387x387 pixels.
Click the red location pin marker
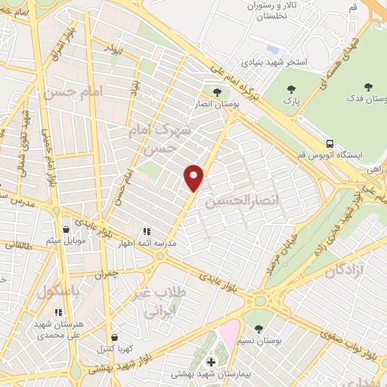click(194, 178)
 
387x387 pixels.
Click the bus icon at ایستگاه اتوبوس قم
click(330, 142)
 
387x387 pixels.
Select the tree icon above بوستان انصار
click(217, 92)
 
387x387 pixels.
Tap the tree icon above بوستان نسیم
click(259, 328)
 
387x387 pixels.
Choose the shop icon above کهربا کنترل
click(114, 337)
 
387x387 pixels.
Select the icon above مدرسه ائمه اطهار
click(146, 231)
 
